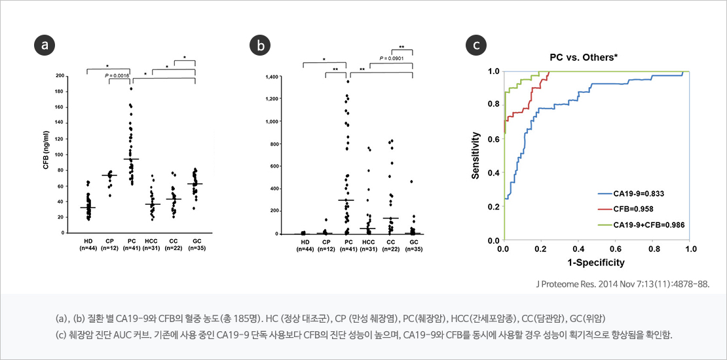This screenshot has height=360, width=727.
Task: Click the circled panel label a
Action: pos(44,45)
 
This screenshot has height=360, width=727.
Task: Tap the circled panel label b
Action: pos(261,45)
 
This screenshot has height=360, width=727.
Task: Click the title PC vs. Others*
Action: pos(583,57)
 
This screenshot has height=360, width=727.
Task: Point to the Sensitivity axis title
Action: pos(477,156)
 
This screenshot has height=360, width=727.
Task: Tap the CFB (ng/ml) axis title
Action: pos(47,154)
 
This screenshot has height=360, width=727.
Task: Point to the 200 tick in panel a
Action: pos(60,76)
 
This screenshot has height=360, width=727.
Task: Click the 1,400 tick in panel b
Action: pos(289,77)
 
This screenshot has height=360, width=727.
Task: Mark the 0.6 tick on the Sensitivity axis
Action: pos(491,139)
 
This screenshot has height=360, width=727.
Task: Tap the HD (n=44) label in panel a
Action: pos(88,245)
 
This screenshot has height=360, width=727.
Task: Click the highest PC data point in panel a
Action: pos(130,88)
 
